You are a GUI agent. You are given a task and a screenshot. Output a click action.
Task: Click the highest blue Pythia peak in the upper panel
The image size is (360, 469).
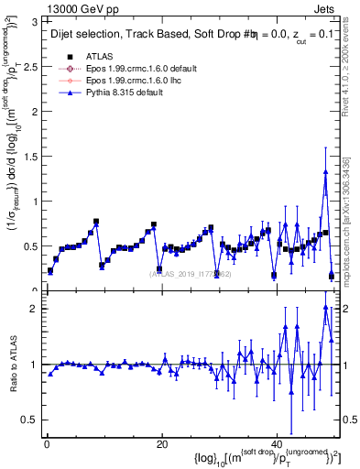pos(325,171)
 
